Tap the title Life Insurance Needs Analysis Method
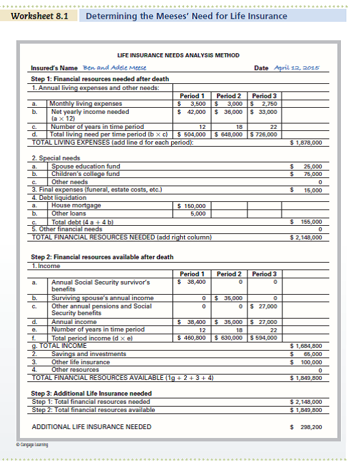(179, 55)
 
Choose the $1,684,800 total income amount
(306, 346)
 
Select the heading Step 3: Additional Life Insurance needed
(91, 394)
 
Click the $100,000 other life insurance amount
(310, 362)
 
